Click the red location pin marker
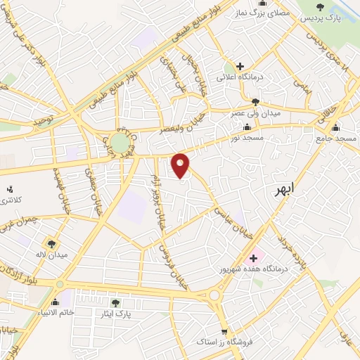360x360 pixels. [x=181, y=165]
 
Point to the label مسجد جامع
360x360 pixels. [x=336, y=139]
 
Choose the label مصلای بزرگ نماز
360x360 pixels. [x=262, y=13]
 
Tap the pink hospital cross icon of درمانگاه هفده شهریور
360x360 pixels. [x=253, y=258]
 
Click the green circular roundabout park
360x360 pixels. [x=120, y=143]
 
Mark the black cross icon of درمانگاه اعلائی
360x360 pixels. [x=240, y=65]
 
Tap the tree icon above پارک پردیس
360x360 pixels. [x=321, y=6]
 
